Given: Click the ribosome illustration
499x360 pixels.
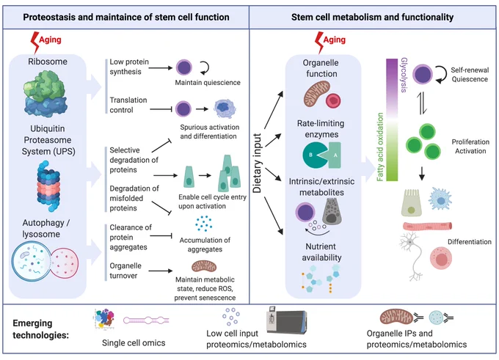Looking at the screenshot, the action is coord(45,93).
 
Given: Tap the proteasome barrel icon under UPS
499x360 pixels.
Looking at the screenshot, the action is coord(48,186).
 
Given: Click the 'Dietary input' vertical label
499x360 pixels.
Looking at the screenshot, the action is coord(257,164).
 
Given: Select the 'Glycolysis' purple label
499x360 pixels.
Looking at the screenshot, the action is coord(404,75).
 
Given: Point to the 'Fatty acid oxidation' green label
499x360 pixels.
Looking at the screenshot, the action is coord(380,147).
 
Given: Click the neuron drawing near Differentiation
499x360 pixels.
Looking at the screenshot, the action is coord(412,255).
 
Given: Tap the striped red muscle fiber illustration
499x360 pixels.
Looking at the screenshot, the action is coord(427,226).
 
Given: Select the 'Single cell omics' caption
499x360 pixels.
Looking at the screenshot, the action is coord(134,343).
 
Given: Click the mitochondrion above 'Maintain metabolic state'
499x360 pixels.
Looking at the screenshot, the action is coord(204,266).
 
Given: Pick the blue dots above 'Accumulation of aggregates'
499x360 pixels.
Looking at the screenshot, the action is coord(204,223).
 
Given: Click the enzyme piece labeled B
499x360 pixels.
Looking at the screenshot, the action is coord(314,155).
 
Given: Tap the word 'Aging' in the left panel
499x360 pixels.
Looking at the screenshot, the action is coord(50,40).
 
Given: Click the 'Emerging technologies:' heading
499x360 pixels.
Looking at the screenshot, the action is coord(41,329).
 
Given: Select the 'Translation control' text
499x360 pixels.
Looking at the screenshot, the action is coord(128,105).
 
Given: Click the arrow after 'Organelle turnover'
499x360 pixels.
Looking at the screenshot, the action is coord(161,271).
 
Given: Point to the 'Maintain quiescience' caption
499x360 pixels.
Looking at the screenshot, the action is coord(208,83).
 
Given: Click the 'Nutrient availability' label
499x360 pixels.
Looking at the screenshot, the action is coord(321,252).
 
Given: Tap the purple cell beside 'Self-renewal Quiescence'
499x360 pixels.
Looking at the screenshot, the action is coord(423,74).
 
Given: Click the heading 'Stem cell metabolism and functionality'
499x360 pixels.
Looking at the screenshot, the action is coord(372,17).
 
